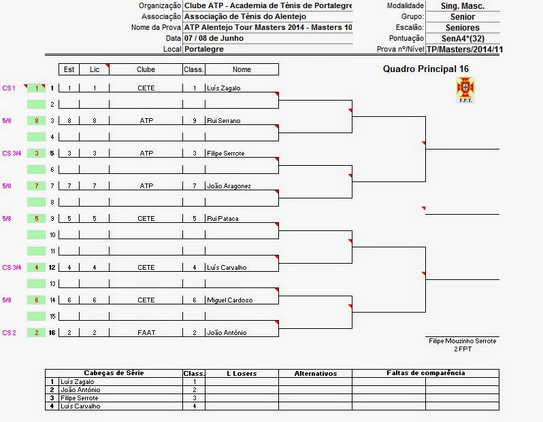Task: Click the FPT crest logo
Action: coord(466,90)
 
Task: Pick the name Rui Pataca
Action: coord(223,219)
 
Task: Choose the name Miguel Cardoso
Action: coord(229,300)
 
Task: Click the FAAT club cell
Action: coord(146,333)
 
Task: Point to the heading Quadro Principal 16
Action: coord(425,69)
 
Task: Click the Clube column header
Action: coord(146,69)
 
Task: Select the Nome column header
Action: coord(242,69)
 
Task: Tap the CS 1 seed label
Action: coord(9,88)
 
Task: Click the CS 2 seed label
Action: coord(9,333)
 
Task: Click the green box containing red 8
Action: coord(36,121)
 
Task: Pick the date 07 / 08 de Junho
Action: coord(214,38)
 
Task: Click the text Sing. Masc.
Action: coord(462,6)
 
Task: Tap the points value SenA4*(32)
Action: coord(462,39)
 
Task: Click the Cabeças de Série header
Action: coord(114,373)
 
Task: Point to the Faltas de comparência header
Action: coord(425,373)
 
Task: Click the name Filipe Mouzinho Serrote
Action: coord(462,341)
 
